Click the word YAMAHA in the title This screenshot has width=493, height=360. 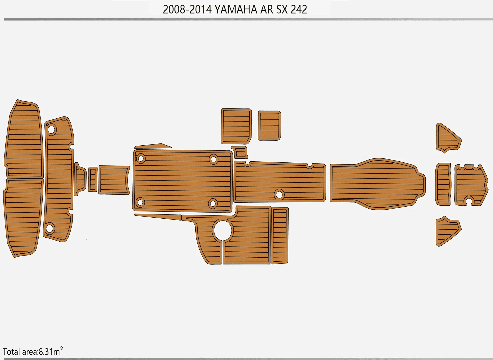(x=236, y=10)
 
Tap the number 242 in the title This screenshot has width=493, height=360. (x=299, y=10)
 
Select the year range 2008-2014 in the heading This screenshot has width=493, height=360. (x=187, y=10)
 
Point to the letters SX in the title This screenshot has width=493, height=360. (x=282, y=10)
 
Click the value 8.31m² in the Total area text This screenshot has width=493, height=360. (x=51, y=351)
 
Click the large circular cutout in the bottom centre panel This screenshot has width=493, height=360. (x=223, y=230)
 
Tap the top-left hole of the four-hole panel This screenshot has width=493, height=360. (x=141, y=159)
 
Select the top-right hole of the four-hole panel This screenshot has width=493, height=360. (x=213, y=159)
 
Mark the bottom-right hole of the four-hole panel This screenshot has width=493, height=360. (x=213, y=204)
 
